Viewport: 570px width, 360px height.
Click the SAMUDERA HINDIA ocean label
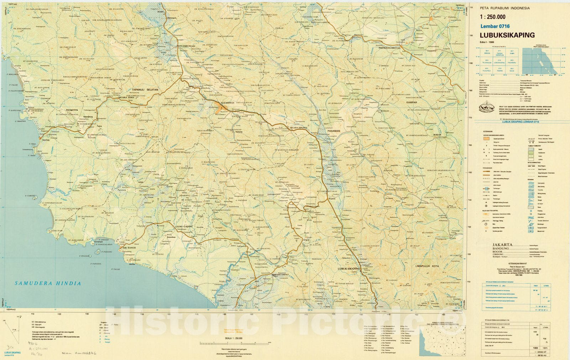tap(48, 283)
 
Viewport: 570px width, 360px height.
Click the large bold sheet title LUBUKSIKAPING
tap(507, 35)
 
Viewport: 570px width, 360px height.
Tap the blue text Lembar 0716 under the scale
tap(495, 26)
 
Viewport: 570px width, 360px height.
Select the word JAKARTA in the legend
tap(502, 245)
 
